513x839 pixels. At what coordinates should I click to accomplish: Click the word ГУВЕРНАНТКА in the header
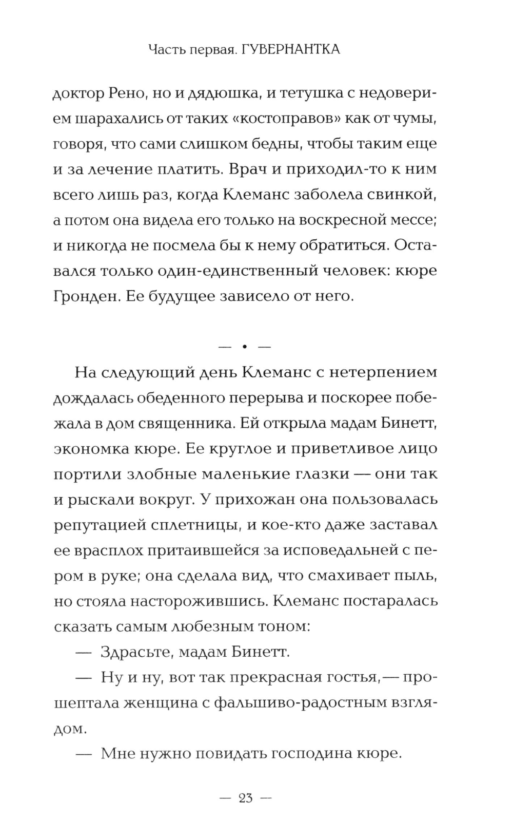point(290,49)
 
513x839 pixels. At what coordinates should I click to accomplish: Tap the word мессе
point(411,220)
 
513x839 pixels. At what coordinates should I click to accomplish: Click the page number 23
point(245,798)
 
